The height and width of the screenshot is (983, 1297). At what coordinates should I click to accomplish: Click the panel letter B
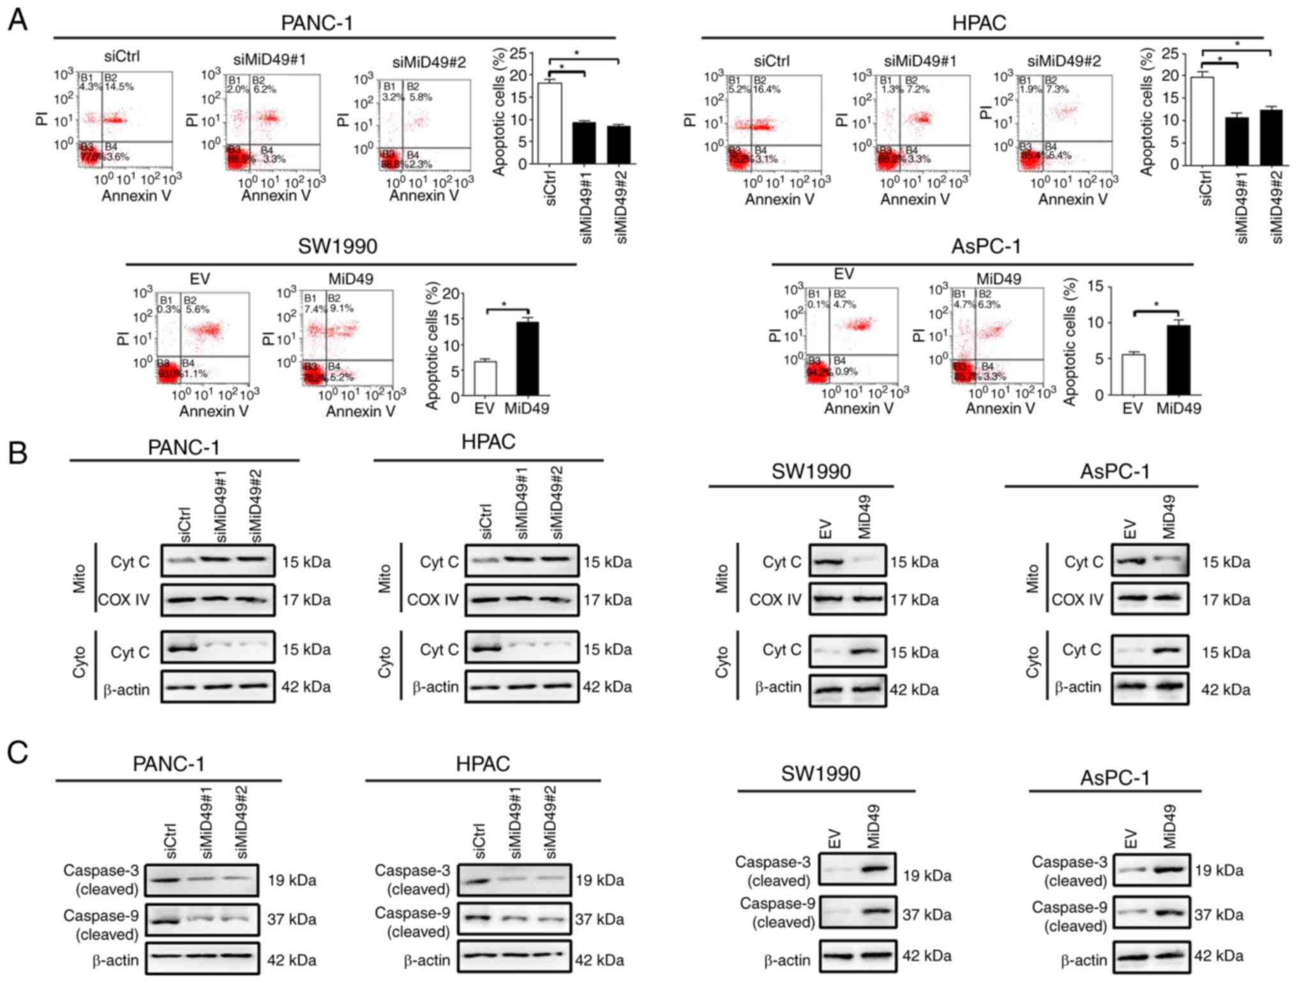tap(17, 452)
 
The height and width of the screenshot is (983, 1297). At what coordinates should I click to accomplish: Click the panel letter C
tap(17, 752)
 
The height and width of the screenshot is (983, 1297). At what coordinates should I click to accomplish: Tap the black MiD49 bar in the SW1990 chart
tap(527, 359)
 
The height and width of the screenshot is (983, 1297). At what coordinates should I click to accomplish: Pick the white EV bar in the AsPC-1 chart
tap(1133, 375)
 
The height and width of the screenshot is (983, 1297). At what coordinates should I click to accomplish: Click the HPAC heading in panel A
tap(978, 23)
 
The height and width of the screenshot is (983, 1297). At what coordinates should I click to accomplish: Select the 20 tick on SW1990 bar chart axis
tap(451, 294)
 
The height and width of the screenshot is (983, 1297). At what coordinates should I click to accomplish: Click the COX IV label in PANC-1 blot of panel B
tap(124, 600)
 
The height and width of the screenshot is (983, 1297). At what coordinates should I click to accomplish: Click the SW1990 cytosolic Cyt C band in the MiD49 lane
tap(865, 652)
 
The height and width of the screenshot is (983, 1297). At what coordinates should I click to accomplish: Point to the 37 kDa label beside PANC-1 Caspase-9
tap(292, 919)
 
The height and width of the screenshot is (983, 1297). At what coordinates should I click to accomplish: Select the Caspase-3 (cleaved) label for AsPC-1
tap(1070, 871)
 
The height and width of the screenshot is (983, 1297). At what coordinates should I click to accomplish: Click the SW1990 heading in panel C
tap(821, 774)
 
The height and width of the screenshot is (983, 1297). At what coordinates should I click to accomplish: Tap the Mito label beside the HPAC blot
tap(384, 578)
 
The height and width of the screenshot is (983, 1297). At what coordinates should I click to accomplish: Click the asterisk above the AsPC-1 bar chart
tap(1156, 305)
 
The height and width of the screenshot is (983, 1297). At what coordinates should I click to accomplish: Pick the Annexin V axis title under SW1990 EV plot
tap(214, 411)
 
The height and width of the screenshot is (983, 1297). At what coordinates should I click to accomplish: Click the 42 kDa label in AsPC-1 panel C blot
tap(1218, 956)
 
